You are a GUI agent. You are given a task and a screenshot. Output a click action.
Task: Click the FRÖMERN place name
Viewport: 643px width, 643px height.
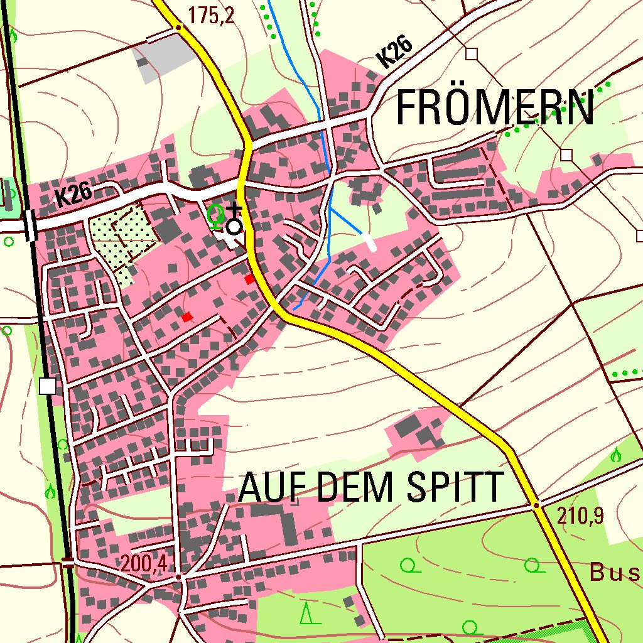[495, 108]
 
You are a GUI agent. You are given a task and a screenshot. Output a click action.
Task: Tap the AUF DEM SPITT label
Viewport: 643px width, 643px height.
[370, 487]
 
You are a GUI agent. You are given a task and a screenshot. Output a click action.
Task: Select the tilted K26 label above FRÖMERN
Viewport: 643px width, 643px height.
[395, 52]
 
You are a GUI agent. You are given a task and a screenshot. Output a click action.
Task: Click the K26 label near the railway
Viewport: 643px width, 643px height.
[73, 197]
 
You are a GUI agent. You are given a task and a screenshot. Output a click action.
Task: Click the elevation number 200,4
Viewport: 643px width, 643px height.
[144, 564]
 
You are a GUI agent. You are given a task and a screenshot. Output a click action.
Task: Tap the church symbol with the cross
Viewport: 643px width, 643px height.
[234, 223]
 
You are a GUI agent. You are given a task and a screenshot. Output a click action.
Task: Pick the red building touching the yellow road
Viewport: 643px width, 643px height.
[250, 279]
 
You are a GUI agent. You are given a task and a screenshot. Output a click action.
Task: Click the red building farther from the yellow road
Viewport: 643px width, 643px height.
[186, 317]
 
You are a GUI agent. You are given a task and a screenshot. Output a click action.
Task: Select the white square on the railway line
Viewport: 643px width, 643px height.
[48, 386]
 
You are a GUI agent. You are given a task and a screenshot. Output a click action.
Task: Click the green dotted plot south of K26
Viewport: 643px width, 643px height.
[123, 235]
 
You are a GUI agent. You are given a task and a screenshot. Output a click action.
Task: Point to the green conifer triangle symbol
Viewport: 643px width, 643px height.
[306, 612]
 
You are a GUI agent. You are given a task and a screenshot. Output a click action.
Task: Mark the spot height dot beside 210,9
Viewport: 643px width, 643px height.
[536, 504]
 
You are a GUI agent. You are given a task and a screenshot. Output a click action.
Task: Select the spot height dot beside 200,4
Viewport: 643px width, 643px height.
[178, 576]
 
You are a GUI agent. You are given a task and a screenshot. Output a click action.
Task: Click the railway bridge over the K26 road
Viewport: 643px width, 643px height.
[30, 224]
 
